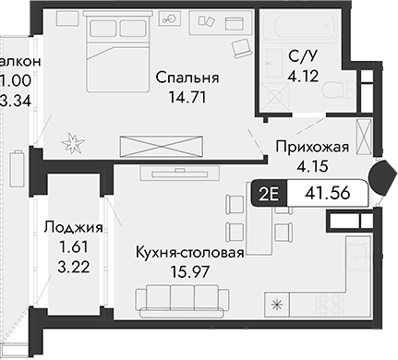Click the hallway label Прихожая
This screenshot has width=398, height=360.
coord(311,145)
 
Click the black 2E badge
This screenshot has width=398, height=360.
coord(267,195)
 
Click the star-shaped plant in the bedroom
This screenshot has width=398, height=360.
coord(72,140)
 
